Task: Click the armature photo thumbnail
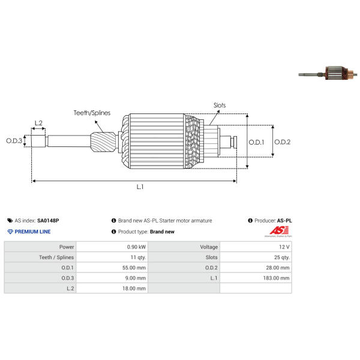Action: pos(328,73)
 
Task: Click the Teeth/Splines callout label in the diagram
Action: pos(92,113)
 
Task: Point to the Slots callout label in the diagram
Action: pos(220,106)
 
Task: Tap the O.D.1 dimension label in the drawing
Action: pos(256,142)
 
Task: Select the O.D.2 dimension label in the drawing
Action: pos(282,142)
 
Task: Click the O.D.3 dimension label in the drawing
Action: pos(14,141)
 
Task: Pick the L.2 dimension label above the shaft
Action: pos(38,123)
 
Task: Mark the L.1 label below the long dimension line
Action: pos(140,187)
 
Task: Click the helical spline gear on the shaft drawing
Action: pos(103,142)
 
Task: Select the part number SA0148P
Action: pos(48,221)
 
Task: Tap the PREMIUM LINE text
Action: pos(32,232)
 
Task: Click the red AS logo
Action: pos(279,230)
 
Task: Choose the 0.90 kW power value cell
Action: pos(112,247)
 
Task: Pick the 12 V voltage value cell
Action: pos(256,247)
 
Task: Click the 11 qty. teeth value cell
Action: pos(112,257)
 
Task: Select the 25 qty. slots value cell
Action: pos(256,257)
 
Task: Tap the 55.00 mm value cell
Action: pos(112,268)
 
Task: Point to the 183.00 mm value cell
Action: pos(256,278)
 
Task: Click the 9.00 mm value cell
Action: pos(112,278)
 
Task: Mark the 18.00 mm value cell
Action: pos(112,289)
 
